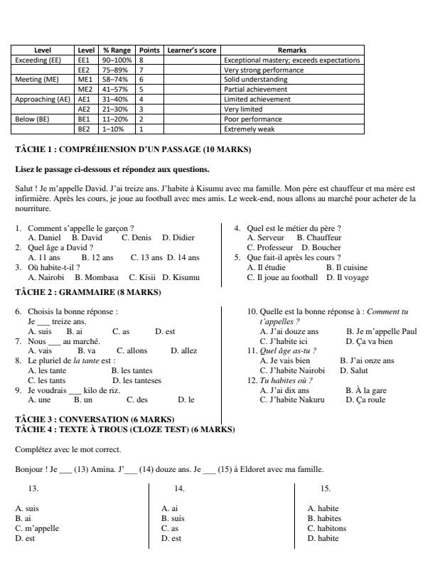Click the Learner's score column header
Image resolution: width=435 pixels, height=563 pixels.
tap(193, 51)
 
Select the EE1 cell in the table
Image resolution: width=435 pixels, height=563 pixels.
tap(86, 60)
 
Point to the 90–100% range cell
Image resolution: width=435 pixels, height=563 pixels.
tap(117, 60)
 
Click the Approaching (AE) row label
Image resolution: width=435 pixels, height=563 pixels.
tap(43, 100)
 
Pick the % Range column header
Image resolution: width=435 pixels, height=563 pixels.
tap(117, 51)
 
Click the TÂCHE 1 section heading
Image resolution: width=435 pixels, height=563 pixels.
tap(133, 150)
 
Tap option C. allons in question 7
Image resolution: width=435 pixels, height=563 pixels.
tap(131, 351)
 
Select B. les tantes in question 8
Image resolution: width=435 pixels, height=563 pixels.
tap(131, 371)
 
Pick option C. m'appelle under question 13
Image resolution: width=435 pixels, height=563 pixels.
tap(36, 529)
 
